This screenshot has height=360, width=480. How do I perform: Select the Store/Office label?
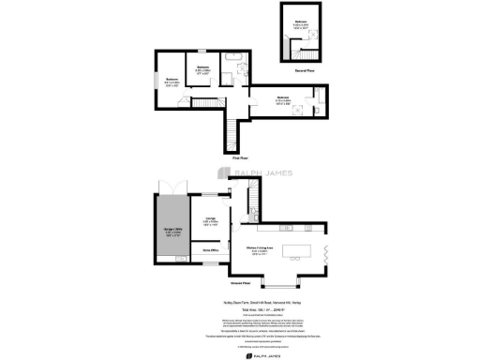pos(210,251)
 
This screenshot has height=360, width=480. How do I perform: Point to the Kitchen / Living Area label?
pos(261,249)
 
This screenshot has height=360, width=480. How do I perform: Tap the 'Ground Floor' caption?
pos(239,281)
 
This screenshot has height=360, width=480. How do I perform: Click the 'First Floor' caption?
pos(239,157)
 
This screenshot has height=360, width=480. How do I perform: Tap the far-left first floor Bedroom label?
pos(172,80)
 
